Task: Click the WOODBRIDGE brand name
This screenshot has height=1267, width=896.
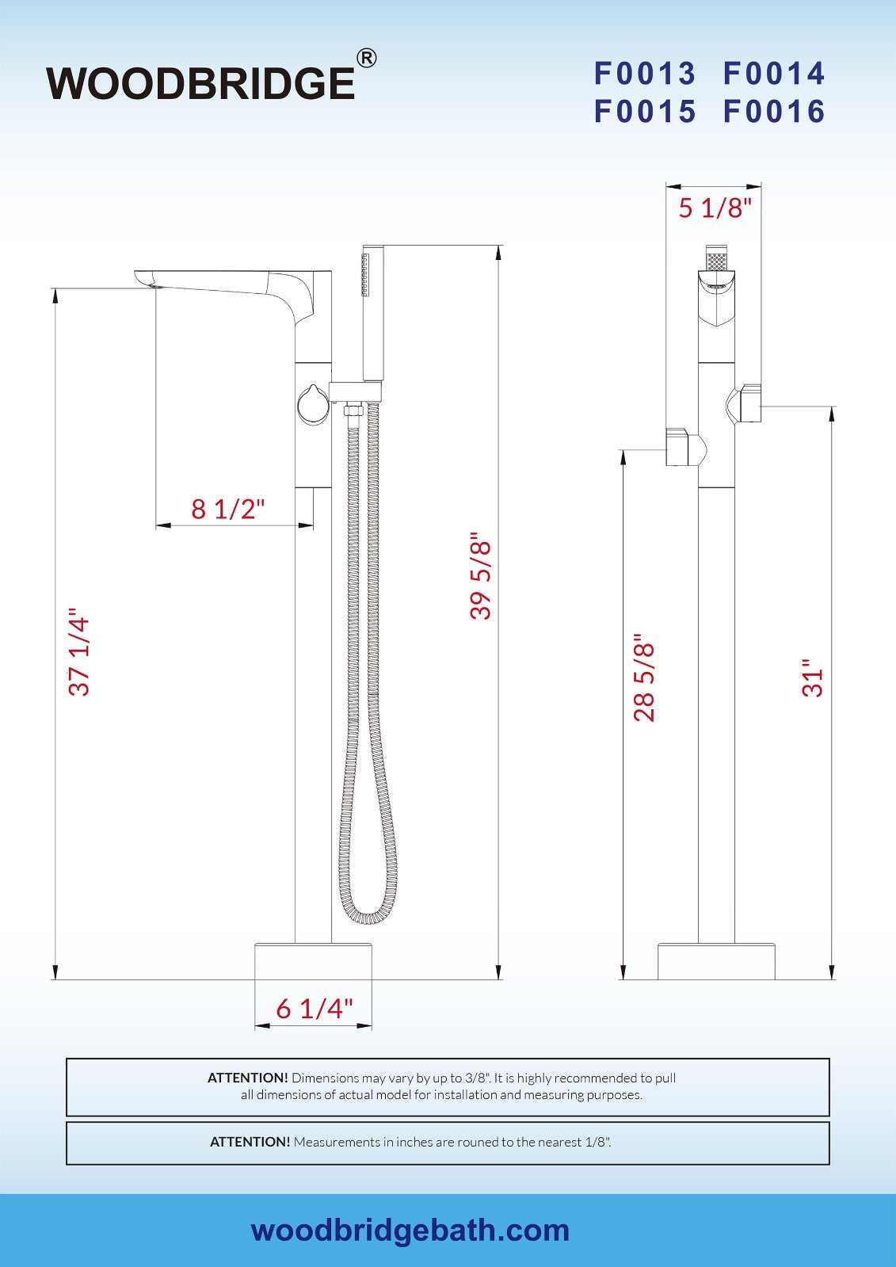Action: click(200, 84)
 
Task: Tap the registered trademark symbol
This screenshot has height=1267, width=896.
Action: click(367, 59)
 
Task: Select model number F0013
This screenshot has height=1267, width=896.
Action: click(644, 74)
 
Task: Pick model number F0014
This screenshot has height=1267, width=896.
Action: click(774, 74)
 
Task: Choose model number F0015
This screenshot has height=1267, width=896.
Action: click(644, 112)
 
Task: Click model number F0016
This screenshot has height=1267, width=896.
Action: click(774, 112)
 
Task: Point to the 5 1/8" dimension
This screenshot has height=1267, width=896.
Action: click(715, 208)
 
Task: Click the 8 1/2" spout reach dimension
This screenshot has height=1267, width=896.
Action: click(228, 509)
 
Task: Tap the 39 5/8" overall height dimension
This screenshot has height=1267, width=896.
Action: click(481, 576)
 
